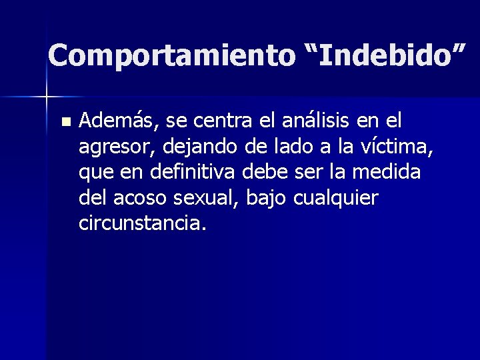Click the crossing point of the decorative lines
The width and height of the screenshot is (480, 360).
[x=47, y=97]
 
